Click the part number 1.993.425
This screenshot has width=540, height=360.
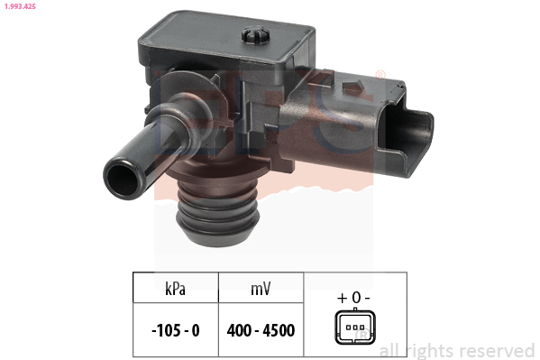(x=20, y=6)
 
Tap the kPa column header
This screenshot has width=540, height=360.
(x=175, y=289)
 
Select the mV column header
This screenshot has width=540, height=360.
(x=261, y=289)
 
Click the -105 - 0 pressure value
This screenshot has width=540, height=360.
(x=176, y=330)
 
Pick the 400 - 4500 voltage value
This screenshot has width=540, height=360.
(x=261, y=330)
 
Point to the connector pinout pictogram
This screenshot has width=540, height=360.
(x=355, y=327)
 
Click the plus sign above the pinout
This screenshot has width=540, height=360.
(x=342, y=298)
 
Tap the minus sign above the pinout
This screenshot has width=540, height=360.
(x=367, y=298)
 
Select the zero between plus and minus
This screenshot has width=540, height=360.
(x=356, y=297)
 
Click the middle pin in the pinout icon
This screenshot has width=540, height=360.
(x=355, y=327)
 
